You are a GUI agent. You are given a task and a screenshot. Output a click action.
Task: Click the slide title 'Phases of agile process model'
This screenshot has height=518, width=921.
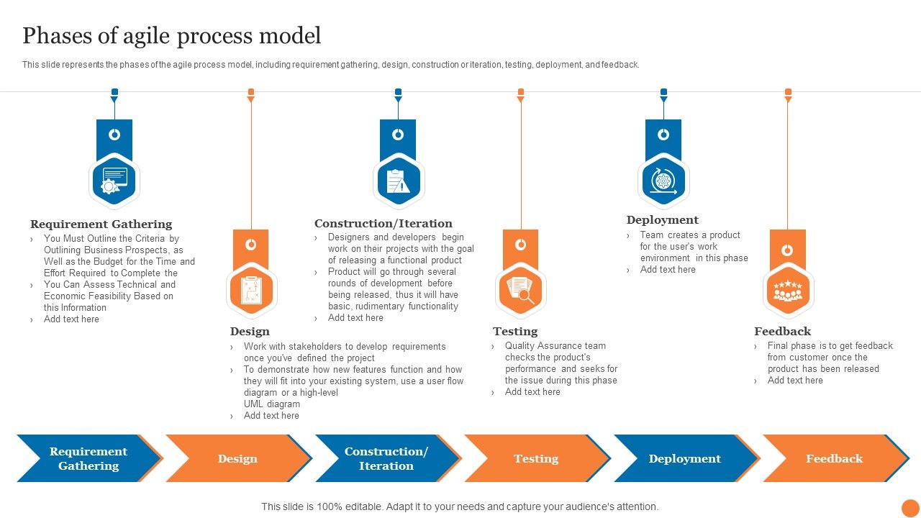(x=171, y=35)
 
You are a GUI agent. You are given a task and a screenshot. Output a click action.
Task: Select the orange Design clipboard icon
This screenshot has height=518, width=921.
(x=251, y=291)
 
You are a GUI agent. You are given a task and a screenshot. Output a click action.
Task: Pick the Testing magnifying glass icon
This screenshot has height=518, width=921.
(x=520, y=291)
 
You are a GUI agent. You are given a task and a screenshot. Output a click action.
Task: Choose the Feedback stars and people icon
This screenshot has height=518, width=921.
(x=787, y=291)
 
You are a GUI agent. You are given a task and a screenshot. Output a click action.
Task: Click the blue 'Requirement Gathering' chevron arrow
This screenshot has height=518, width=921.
(x=88, y=458)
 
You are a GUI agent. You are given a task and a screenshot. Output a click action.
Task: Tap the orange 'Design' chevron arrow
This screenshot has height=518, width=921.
(x=237, y=458)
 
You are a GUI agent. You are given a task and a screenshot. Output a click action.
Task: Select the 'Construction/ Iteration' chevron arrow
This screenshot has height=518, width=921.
(x=386, y=458)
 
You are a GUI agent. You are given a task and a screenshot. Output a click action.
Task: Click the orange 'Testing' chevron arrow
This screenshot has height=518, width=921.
(x=536, y=458)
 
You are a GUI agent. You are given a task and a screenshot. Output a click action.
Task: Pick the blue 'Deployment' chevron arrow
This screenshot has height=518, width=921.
(x=684, y=458)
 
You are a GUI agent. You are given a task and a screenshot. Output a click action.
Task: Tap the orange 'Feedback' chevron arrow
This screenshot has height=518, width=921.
(x=834, y=458)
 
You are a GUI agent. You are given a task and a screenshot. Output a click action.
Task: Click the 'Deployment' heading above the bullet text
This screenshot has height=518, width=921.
(x=662, y=220)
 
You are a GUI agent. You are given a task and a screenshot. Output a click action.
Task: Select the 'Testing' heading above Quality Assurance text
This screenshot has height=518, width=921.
(x=515, y=332)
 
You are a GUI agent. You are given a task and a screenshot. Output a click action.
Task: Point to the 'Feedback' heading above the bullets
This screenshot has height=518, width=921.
(x=782, y=332)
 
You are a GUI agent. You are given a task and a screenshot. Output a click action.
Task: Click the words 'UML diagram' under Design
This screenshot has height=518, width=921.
(x=272, y=404)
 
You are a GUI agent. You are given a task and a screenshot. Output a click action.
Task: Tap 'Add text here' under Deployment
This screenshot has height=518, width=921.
(x=668, y=270)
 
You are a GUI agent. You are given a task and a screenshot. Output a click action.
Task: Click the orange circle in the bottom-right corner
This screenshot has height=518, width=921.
(x=910, y=508)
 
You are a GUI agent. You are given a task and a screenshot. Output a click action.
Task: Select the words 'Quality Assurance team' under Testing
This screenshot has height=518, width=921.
(x=555, y=346)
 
